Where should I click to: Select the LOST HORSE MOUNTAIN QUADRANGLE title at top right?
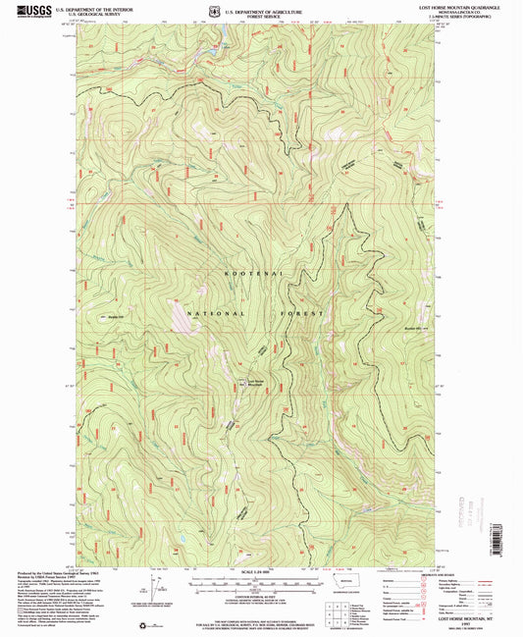(469, 7)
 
